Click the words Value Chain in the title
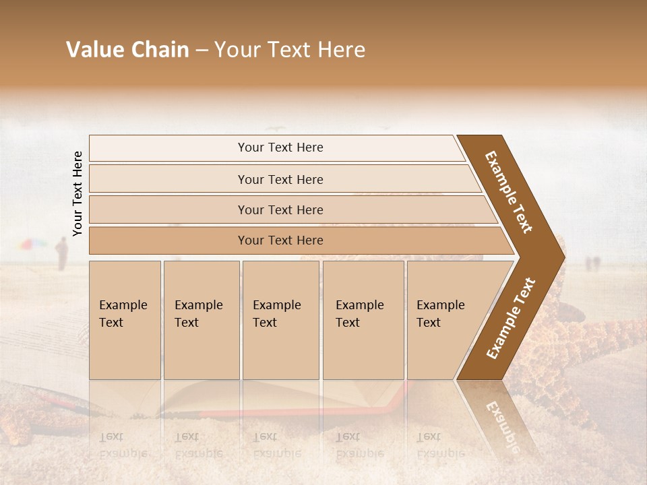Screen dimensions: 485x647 127,50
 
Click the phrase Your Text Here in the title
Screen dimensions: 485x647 290,50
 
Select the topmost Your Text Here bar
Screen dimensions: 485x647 280,148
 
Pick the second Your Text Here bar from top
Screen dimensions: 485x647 280,179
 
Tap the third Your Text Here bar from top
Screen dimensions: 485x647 280,209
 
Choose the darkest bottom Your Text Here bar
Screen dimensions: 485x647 280,240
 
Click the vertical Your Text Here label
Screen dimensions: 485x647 78,194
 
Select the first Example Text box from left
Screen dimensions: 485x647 125,319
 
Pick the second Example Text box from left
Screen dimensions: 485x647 201,319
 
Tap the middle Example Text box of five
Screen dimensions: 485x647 280,319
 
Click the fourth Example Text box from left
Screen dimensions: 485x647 363,319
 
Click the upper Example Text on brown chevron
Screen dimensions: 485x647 510,192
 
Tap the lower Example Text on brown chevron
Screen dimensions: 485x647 510,319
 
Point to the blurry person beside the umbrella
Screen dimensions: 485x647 62,254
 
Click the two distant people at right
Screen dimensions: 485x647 592,263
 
